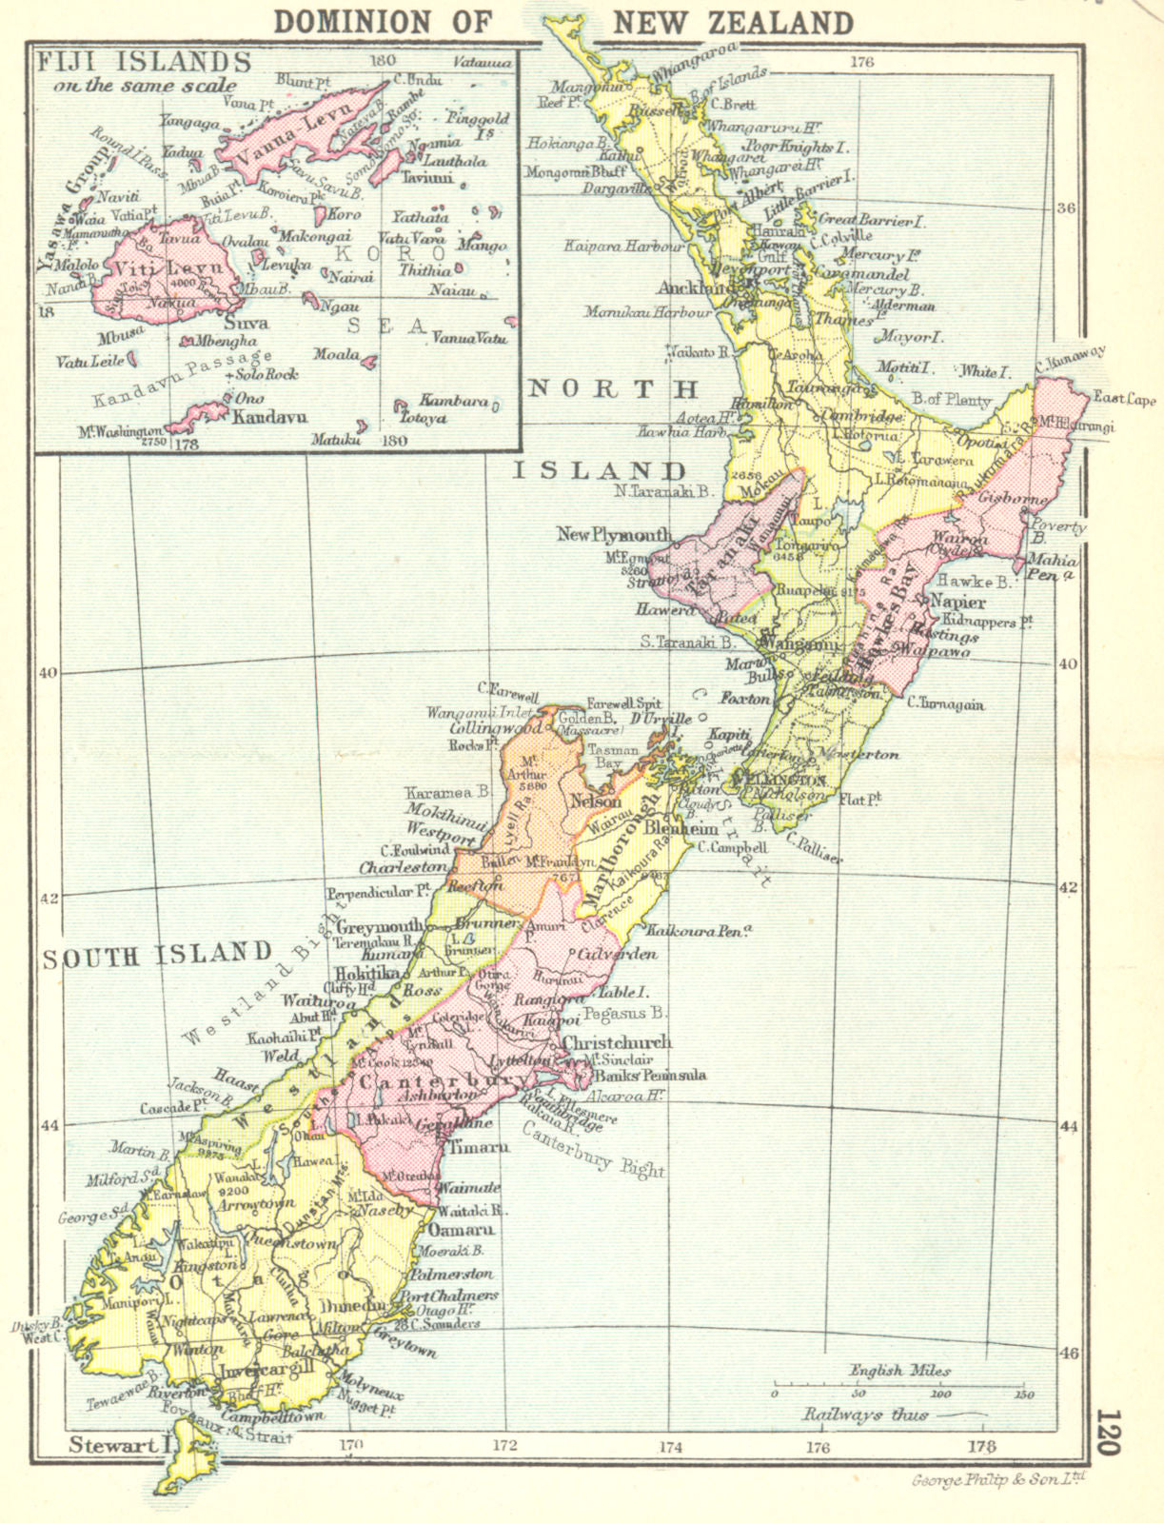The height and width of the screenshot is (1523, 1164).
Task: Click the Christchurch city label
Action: (x=617, y=1042)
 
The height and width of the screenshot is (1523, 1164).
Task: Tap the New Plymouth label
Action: (x=614, y=535)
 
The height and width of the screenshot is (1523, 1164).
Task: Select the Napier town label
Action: (x=957, y=602)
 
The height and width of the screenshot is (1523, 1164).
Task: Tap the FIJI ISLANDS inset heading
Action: (x=143, y=62)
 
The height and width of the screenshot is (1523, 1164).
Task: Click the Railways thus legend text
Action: (x=866, y=1414)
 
